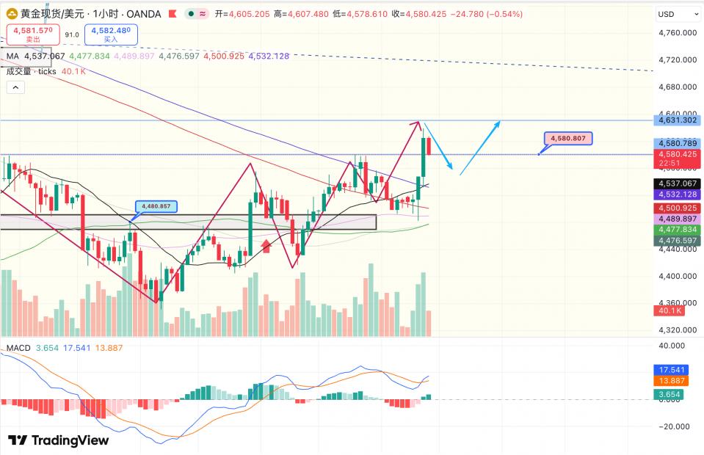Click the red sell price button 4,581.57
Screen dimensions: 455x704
click(32, 34)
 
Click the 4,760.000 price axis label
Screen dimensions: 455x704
click(678, 32)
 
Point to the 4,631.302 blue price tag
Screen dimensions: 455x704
click(678, 120)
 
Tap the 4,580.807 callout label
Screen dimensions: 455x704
click(567, 138)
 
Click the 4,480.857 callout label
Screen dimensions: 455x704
click(156, 206)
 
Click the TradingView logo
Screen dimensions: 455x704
click(58, 440)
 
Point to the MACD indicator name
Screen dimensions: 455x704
click(18, 347)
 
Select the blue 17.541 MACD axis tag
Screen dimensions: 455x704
click(672, 370)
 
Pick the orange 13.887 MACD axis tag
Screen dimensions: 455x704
click(672, 381)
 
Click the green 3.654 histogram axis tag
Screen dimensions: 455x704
click(670, 396)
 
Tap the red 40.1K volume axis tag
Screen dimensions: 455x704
click(669, 310)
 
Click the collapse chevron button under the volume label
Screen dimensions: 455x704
click(15, 87)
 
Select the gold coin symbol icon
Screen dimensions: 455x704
click(12, 14)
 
